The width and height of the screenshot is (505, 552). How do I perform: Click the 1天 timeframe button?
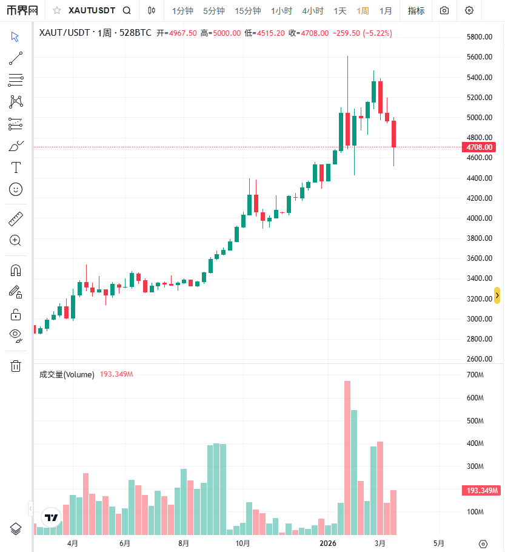coord(340,11)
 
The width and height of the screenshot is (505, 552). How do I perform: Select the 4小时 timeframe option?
coord(313,11)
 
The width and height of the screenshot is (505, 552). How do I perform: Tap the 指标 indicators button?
coord(416,11)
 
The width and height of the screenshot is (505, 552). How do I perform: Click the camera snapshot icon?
coord(445,11)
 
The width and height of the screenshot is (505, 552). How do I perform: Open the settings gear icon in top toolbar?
coord(469,11)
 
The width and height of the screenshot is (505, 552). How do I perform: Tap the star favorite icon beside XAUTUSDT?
coord(57,11)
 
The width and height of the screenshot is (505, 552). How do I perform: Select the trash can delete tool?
coord(16,366)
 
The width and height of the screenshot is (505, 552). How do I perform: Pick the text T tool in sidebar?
coord(16,167)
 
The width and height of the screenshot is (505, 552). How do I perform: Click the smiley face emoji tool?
coord(16,189)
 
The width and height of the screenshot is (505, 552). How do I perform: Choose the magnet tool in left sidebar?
coord(16,271)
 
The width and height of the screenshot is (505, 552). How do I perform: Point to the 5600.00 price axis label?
coord(479,57)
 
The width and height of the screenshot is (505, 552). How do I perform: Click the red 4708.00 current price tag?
coord(479,147)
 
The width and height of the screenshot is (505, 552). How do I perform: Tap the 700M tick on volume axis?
coord(475,375)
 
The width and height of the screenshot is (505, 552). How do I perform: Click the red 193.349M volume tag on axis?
coord(481,490)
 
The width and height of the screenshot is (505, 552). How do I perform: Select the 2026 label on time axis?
coord(328,543)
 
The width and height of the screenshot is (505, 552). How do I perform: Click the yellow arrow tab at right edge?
coord(497,295)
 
